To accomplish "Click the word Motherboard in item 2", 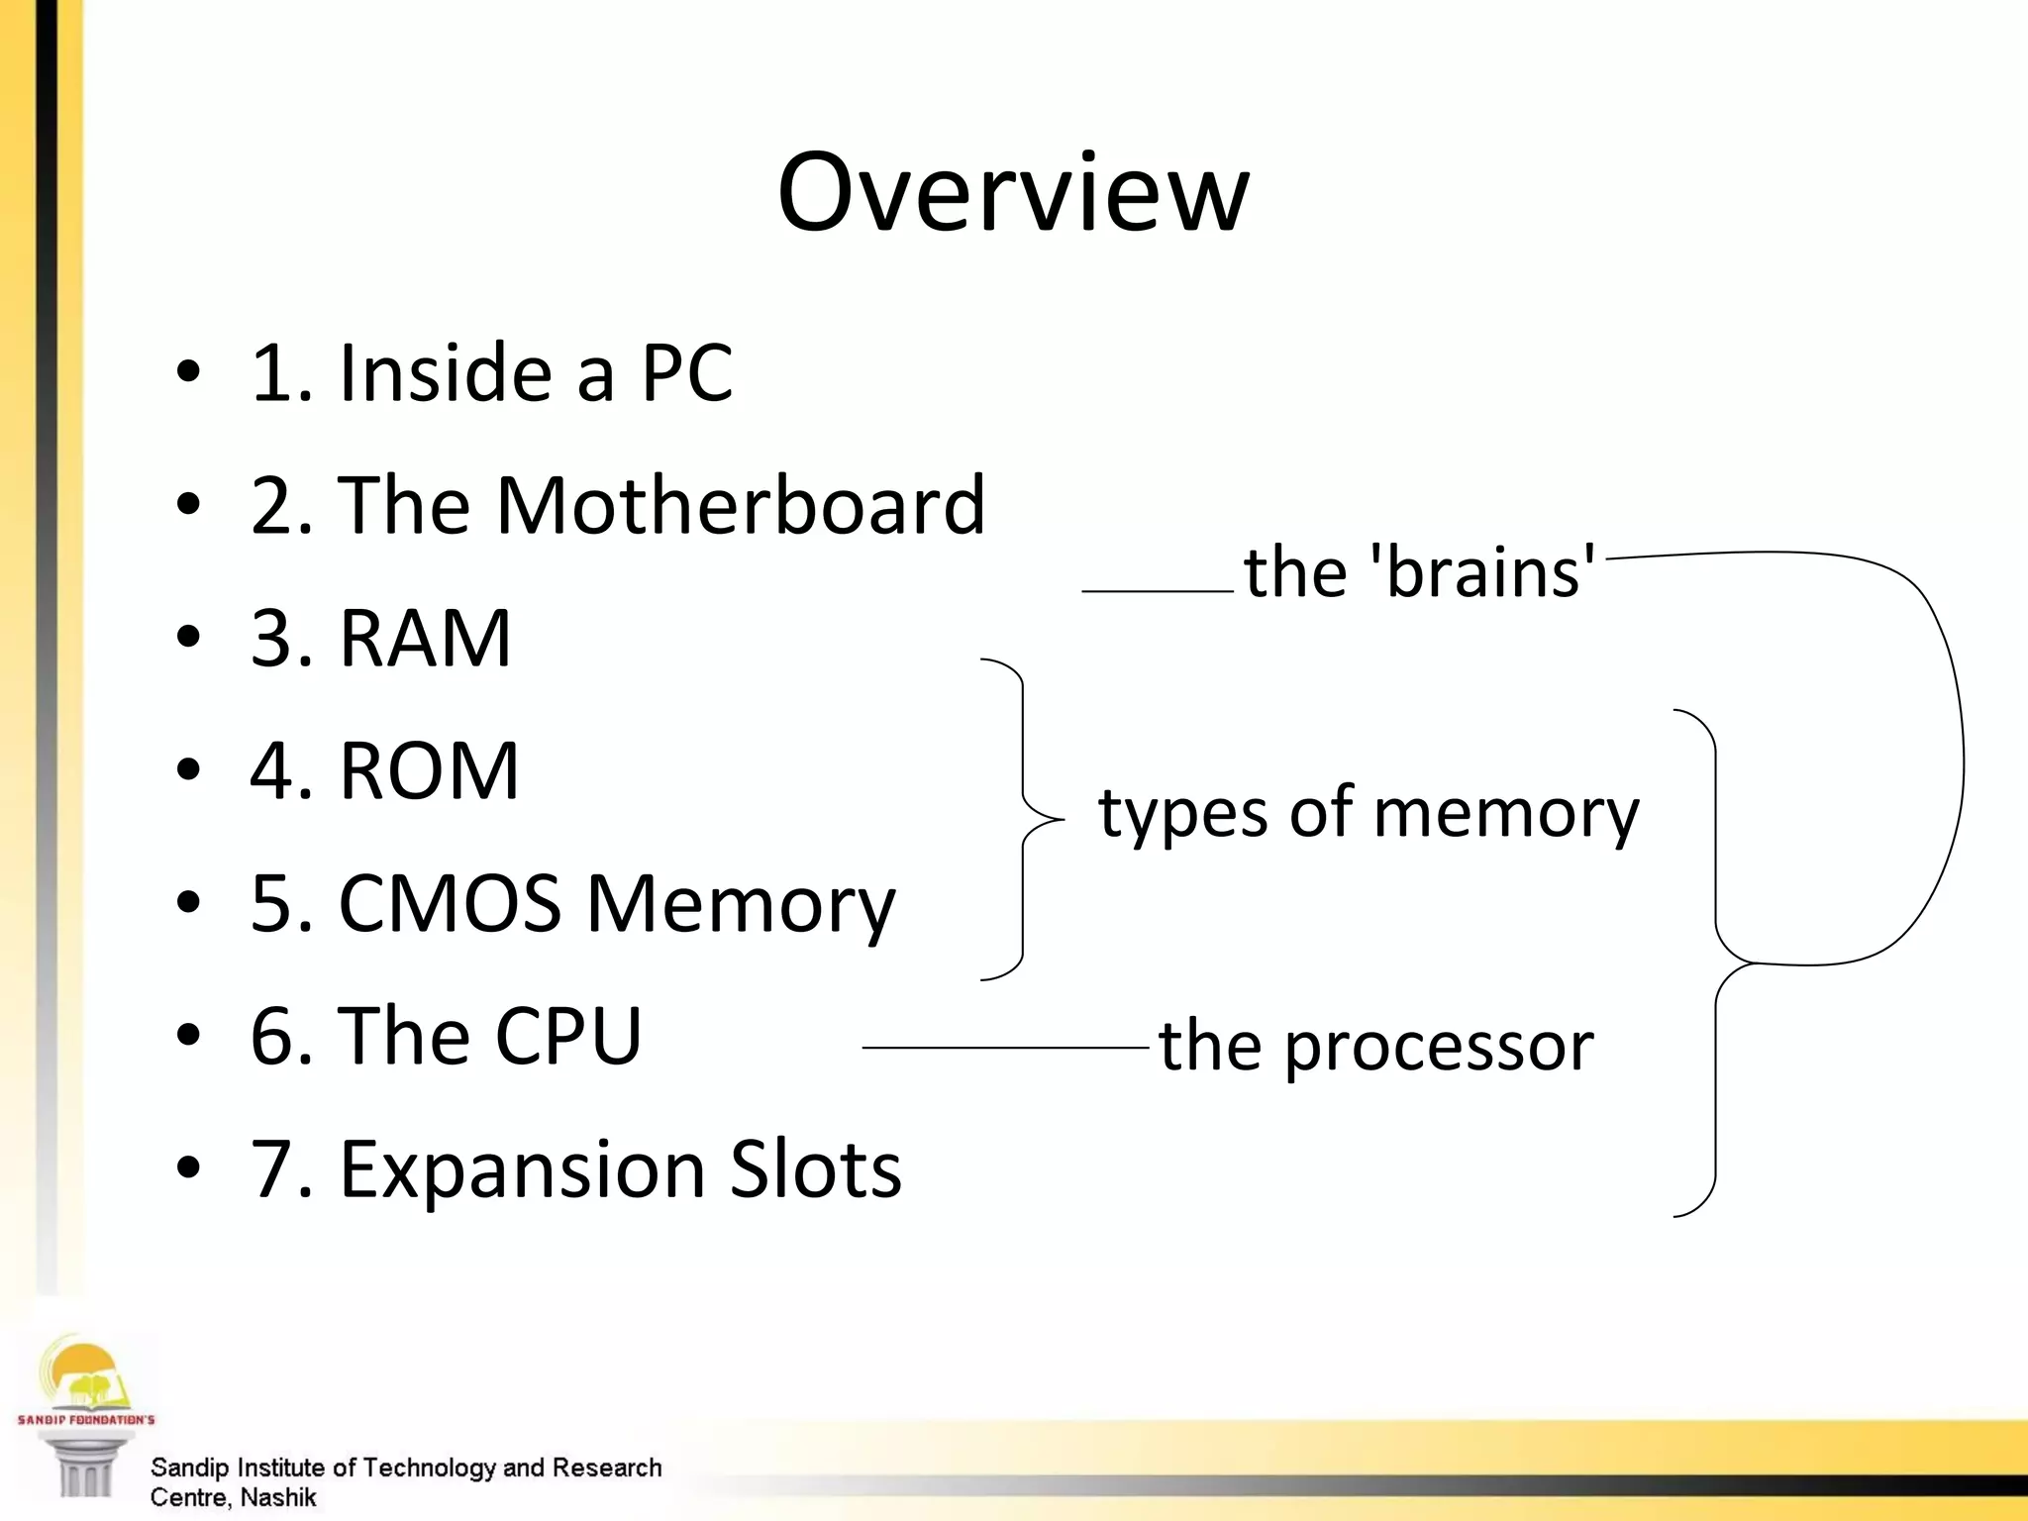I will [x=740, y=506].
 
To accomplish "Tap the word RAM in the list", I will [x=425, y=639].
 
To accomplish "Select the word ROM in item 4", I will [x=429, y=771].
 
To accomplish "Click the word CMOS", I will [x=450, y=904].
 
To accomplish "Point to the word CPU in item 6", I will [x=567, y=1037].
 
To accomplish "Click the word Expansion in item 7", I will [x=523, y=1169].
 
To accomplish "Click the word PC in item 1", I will [x=686, y=373].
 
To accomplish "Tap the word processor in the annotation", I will [x=1439, y=1047].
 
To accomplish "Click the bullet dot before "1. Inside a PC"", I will [x=188, y=373].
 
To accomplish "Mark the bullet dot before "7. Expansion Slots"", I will [x=188, y=1168].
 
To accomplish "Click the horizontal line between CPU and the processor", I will [x=1005, y=1047].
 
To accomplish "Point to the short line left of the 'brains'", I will [x=1157, y=591].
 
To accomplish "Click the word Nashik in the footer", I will [x=278, y=1497].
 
